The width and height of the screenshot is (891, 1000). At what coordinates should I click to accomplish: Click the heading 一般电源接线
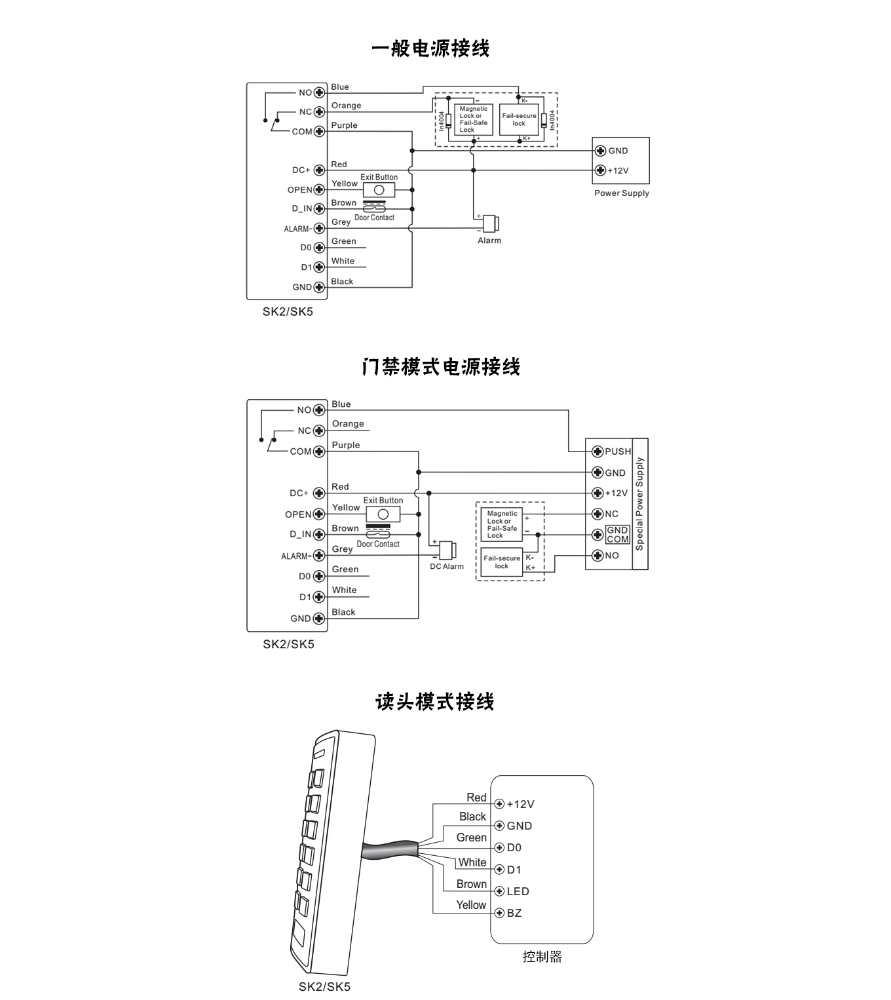430,49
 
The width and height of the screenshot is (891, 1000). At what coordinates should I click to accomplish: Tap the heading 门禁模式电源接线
441,367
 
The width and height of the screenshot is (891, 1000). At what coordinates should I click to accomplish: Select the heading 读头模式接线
434,702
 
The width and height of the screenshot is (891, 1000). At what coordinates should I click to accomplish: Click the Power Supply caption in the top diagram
621,193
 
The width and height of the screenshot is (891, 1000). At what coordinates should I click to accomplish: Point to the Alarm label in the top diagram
489,240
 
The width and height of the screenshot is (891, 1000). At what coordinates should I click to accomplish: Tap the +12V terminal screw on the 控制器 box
499,804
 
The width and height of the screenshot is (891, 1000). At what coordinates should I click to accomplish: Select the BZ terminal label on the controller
514,913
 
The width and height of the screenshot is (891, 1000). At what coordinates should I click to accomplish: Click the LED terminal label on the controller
518,891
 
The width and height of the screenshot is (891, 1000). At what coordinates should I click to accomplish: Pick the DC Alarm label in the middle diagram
447,567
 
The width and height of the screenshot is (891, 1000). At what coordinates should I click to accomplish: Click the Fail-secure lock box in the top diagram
519,120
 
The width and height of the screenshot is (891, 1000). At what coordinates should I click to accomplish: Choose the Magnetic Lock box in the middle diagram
501,524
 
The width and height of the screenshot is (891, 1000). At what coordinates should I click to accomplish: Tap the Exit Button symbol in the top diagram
379,190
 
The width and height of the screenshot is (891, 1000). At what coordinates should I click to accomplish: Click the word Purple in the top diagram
344,125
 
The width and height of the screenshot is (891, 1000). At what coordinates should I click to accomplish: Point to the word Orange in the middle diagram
348,424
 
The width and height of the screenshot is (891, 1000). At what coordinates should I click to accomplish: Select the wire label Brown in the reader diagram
471,884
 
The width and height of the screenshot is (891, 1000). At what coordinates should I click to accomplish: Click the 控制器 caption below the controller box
542,957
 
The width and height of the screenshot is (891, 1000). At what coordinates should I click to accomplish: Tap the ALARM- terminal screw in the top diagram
319,228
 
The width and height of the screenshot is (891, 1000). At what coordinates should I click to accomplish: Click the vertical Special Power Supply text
640,503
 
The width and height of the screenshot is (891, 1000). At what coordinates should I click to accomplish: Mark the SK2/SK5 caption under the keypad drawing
324,987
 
